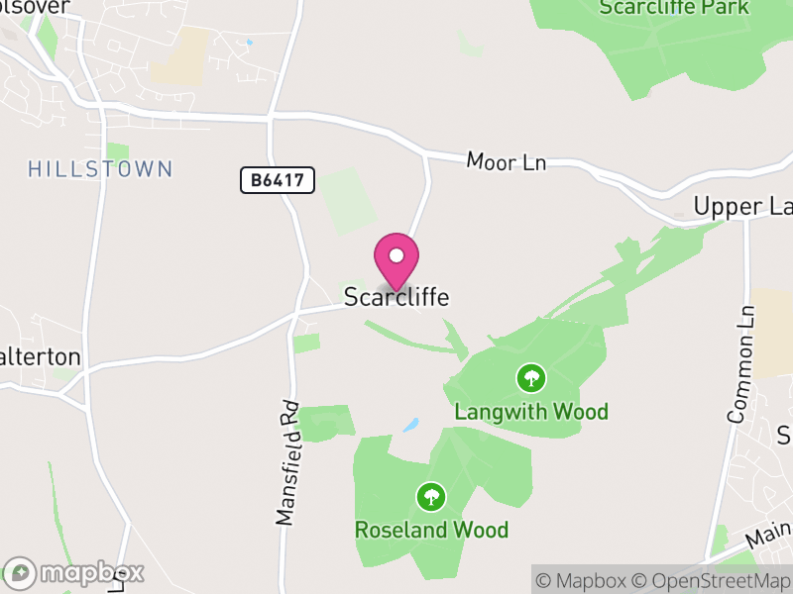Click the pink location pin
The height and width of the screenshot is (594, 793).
click(x=396, y=262)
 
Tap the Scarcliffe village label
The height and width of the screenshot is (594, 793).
click(x=396, y=297)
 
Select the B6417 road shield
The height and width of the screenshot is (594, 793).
click(x=278, y=180)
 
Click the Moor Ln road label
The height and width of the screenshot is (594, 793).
click(x=507, y=162)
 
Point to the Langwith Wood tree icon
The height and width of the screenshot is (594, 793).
click(x=531, y=377)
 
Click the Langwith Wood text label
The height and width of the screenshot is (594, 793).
click(x=531, y=411)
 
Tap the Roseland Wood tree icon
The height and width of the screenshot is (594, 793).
click(x=431, y=496)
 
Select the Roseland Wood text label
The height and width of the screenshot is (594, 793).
click(x=431, y=530)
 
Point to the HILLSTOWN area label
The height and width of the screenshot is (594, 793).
click(x=100, y=169)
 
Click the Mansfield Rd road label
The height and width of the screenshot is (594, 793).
click(x=287, y=462)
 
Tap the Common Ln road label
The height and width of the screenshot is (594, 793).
click(x=742, y=364)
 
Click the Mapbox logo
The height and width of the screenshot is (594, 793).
click(x=74, y=573)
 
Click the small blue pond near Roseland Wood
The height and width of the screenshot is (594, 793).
click(x=410, y=426)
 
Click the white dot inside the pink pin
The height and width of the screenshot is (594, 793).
click(x=396, y=255)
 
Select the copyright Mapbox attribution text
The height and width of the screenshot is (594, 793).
click(x=584, y=580)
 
